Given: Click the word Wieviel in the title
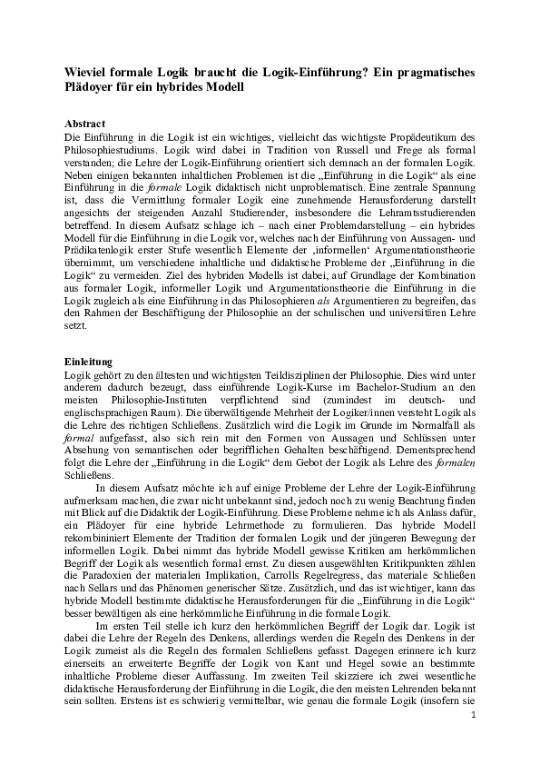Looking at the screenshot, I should pyautogui.click(x=89, y=72).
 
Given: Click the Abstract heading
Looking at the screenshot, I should pyautogui.click(x=85, y=123).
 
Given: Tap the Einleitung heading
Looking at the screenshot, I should pyautogui.click(x=89, y=361).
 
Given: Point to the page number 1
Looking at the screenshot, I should pyautogui.click(x=474, y=740).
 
